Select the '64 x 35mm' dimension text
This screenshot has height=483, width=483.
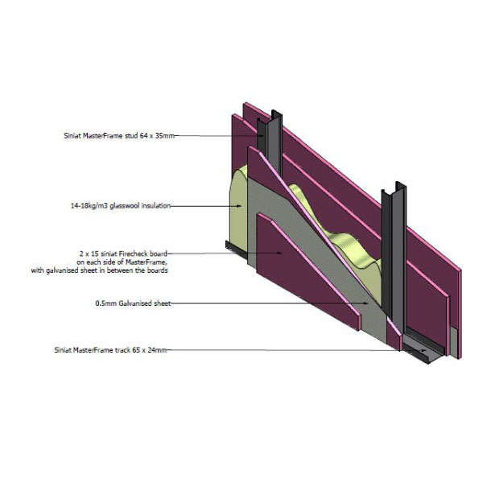tap(157, 135)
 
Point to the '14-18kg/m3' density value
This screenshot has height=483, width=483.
tap(89, 206)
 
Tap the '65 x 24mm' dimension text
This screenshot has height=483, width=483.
tap(150, 350)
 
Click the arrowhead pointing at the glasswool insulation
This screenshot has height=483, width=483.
tap(239, 206)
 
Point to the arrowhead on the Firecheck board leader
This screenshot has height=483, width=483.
tap(279, 253)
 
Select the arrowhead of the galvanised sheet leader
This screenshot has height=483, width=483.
tap(365, 303)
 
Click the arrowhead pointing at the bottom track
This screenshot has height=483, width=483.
tap(424, 350)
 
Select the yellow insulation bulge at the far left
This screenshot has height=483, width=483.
tap(239, 209)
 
